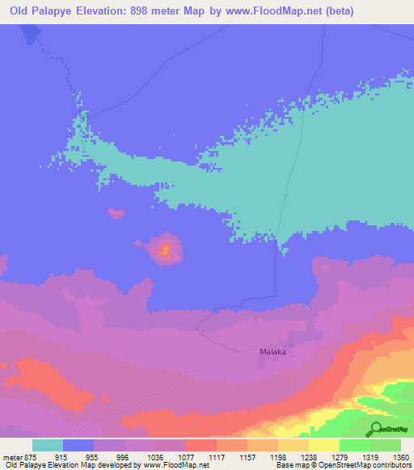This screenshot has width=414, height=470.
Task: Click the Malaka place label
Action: click(x=273, y=352)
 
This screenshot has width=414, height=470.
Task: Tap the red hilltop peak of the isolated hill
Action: click(x=165, y=250)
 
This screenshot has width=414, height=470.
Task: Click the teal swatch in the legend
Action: click(x=48, y=445)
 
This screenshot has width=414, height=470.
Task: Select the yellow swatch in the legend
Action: click(x=323, y=445)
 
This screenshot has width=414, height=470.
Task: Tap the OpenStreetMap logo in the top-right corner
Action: click(x=390, y=83)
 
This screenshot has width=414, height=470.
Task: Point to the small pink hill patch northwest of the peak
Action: click(x=117, y=213)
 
